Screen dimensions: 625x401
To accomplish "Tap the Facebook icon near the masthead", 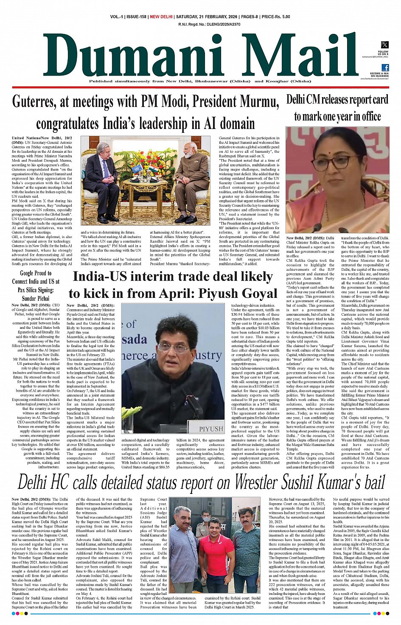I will click(x=385, y=67).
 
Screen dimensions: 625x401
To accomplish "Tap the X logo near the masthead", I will click(x=384, y=45).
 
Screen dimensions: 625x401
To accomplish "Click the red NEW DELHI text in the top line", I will click(x=161, y=17).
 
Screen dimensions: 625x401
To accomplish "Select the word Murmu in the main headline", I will click(x=258, y=102).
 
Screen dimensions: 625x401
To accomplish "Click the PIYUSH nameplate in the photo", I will click(x=211, y=429).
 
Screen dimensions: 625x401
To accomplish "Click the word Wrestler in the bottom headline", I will click(x=258, y=483).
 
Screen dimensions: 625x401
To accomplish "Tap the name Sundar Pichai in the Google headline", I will click(x=35, y=298).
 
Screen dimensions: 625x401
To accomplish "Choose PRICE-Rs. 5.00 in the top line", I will click(x=276, y=17).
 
